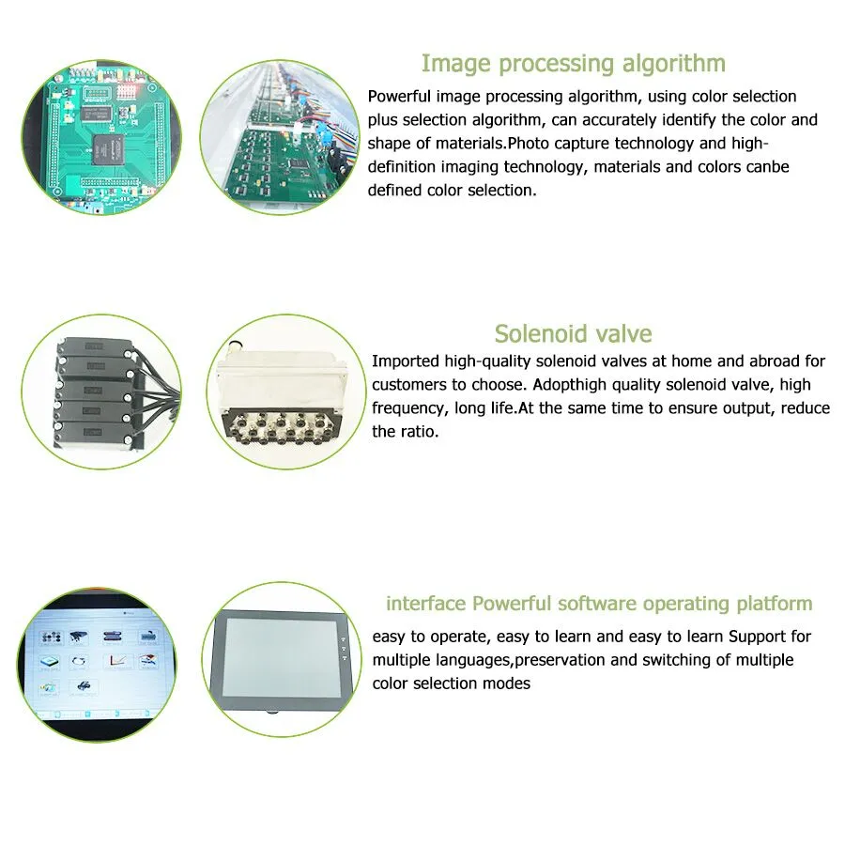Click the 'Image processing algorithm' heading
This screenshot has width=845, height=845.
(x=573, y=64)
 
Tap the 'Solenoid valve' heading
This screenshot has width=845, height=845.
(x=573, y=333)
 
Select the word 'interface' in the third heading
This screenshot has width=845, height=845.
(x=425, y=604)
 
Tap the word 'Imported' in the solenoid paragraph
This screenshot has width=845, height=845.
(x=406, y=361)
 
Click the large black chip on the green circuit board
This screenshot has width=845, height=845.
(x=108, y=148)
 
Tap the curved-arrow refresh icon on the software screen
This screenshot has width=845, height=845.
(x=79, y=661)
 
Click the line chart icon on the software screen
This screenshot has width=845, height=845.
(x=117, y=660)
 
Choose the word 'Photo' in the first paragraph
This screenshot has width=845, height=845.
(x=529, y=144)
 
